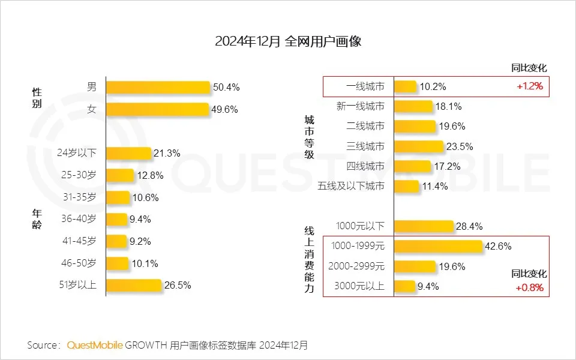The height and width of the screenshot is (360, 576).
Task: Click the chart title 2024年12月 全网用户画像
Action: click(x=288, y=41)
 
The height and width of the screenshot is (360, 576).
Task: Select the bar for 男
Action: click(x=158, y=87)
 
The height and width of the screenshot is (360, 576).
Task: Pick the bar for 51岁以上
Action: click(x=134, y=285)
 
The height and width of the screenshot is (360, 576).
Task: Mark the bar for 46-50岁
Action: click(x=118, y=263)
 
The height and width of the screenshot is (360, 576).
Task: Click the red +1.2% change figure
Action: click(x=529, y=86)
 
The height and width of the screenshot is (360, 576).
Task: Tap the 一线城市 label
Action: click(x=365, y=86)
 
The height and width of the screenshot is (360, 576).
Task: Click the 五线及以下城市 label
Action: click(x=351, y=186)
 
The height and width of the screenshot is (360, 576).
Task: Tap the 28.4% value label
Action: click(x=469, y=226)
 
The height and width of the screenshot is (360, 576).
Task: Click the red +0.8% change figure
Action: click(x=529, y=287)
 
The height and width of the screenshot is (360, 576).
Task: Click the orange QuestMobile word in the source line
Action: click(x=95, y=345)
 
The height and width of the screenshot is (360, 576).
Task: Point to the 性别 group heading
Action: click(x=37, y=98)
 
